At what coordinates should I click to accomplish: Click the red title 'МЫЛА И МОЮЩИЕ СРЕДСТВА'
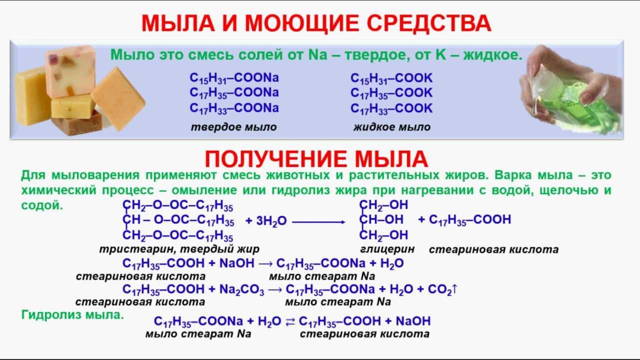(316, 23)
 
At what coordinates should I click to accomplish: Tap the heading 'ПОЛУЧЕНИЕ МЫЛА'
(316, 159)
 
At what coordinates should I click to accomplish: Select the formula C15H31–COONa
(234, 78)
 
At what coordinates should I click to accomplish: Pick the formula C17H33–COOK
(391, 108)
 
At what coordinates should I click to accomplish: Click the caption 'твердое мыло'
(233, 127)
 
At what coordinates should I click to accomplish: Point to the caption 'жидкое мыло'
(391, 127)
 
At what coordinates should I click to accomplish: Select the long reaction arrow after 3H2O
(318, 221)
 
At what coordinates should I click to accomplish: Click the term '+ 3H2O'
(265, 221)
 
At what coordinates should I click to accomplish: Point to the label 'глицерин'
(387, 248)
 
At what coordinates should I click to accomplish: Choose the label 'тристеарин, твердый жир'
(179, 248)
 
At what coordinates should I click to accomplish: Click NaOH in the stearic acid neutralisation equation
(237, 263)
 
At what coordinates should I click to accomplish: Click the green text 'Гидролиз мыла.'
(72, 315)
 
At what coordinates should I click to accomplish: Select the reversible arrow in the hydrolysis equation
(290, 321)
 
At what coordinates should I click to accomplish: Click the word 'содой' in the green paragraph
(42, 205)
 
